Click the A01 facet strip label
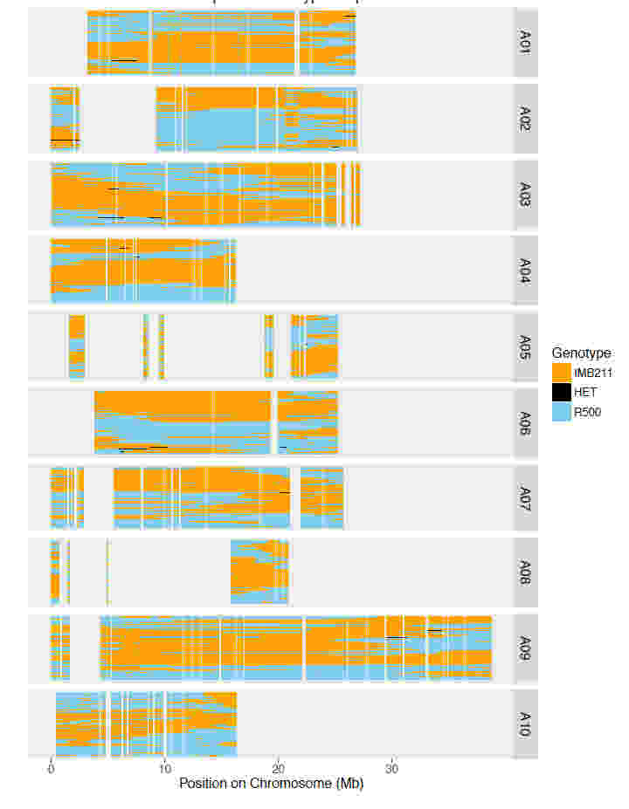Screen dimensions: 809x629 pos(525,42)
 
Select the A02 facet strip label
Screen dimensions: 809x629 pos(525,118)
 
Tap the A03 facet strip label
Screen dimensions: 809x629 pos(525,195)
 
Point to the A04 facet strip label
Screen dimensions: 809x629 pos(525,270)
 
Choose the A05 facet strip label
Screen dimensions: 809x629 pos(525,346)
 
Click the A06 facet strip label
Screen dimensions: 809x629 pos(525,422)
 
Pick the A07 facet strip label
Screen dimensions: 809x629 pos(525,497)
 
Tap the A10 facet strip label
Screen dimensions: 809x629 pos(525,723)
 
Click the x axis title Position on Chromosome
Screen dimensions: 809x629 pos(271,784)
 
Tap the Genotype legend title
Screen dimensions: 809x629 pos(581,353)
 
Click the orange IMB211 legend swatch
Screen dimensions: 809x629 pos(561,373)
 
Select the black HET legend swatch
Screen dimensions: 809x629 pos(561,393)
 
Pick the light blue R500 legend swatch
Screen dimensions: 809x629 pos(561,413)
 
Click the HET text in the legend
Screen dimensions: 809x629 pos(585,393)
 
